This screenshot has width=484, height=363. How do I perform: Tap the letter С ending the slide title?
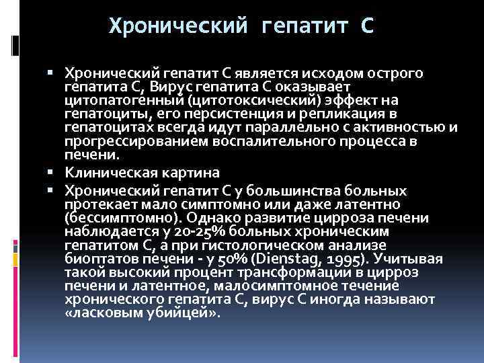click(368, 27)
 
